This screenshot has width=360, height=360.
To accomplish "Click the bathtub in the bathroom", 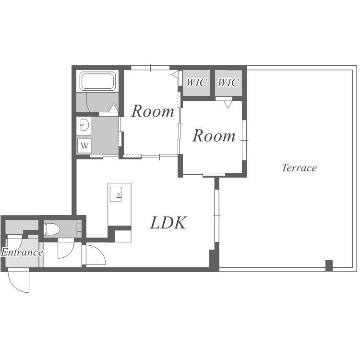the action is pyautogui.click(x=98, y=81).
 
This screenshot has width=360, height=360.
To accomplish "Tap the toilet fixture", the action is pyautogui.click(x=52, y=229).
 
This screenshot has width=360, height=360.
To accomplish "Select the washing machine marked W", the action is pyautogui.click(x=84, y=145).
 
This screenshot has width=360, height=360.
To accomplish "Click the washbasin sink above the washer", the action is pyautogui.click(x=84, y=125).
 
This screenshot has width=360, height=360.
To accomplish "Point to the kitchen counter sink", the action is pyautogui.click(x=116, y=194).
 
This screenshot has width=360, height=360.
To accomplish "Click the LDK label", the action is pyautogui.click(x=168, y=223).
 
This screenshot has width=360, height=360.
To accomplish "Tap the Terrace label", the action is pyautogui.click(x=299, y=168).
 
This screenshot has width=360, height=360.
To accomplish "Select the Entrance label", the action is pyautogui.click(x=22, y=252).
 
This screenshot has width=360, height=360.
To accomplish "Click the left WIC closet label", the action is pyautogui.click(x=196, y=83).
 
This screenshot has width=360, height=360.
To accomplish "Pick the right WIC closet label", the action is pyautogui.click(x=228, y=83).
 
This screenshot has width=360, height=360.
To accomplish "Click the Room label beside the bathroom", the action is pyautogui.click(x=153, y=111).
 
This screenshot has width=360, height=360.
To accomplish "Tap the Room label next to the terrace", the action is pyautogui.click(x=214, y=136).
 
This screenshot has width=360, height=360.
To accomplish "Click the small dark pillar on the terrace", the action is pyautogui.click(x=329, y=265).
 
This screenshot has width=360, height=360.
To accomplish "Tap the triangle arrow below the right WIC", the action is pyautogui.click(x=228, y=105).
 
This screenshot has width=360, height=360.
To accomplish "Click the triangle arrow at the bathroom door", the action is pyautogui.click(x=113, y=108).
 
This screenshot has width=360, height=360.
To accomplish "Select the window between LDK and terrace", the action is pyautogui.click(x=217, y=216).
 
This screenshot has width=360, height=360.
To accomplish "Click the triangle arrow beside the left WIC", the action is pyautogui.click(x=175, y=74).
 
